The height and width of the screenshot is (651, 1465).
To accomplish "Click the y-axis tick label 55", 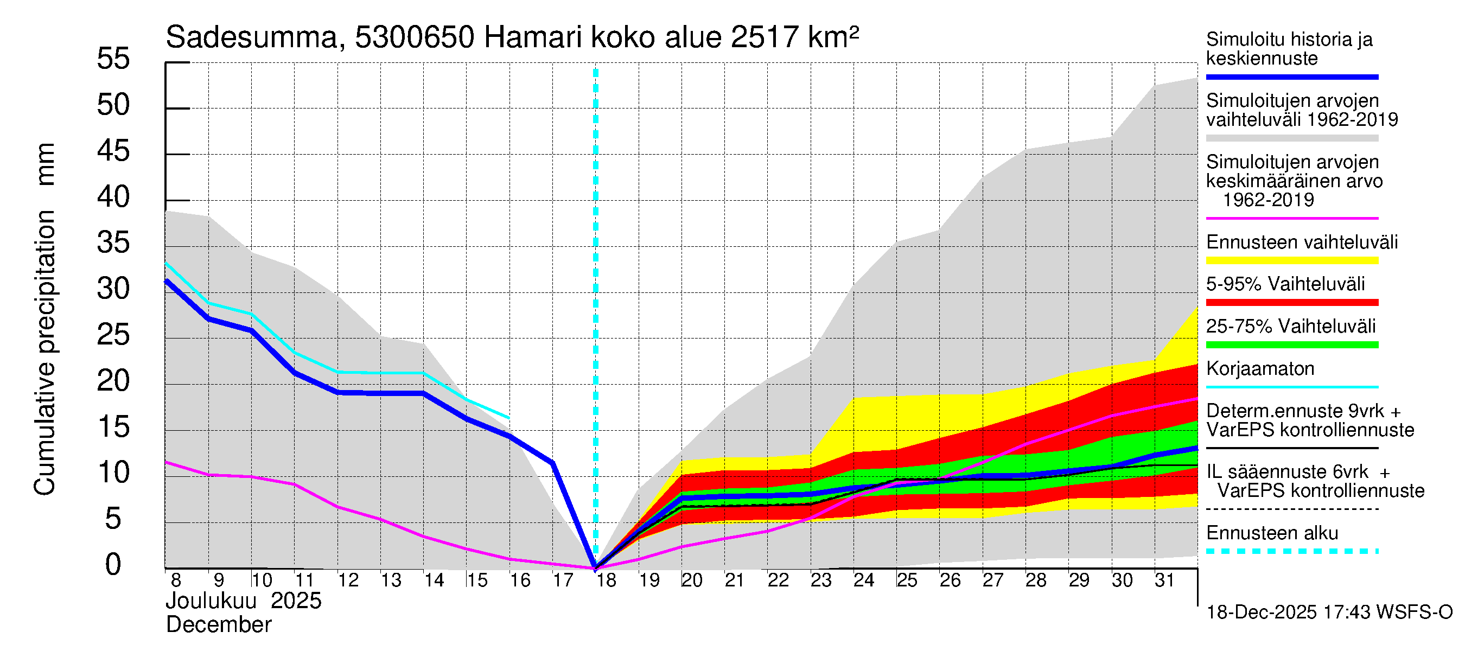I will point(113,59).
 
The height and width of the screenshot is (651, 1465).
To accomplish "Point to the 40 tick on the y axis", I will point(113,197).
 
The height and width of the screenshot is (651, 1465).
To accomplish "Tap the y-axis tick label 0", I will point(113,565).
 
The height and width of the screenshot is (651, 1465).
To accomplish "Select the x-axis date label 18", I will point(606,580).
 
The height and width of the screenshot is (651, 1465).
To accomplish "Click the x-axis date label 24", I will point(864,580).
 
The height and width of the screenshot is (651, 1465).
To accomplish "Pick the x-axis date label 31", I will point(1165,580).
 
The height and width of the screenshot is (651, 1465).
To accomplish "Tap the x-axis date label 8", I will point(176,580).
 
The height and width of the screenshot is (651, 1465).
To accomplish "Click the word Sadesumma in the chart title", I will point(252,38).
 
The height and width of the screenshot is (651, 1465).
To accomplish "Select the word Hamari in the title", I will point(533,38).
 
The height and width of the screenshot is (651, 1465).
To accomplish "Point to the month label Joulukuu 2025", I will point(244,601).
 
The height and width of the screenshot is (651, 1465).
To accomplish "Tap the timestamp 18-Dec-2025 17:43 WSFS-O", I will point(1329,612).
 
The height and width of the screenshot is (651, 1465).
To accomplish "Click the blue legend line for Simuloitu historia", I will point(1291,76).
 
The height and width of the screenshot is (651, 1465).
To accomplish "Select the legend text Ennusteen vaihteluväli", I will point(1302,242).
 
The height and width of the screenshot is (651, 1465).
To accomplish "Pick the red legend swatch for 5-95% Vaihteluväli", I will point(1291,303).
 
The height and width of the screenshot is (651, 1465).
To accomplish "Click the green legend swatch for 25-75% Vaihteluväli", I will point(1291,344).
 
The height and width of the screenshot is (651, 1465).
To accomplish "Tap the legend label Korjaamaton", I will point(1260,369).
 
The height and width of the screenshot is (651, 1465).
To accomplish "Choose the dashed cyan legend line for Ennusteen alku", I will point(1291,551).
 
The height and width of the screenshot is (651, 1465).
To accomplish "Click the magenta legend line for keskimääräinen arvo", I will point(1291,218).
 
